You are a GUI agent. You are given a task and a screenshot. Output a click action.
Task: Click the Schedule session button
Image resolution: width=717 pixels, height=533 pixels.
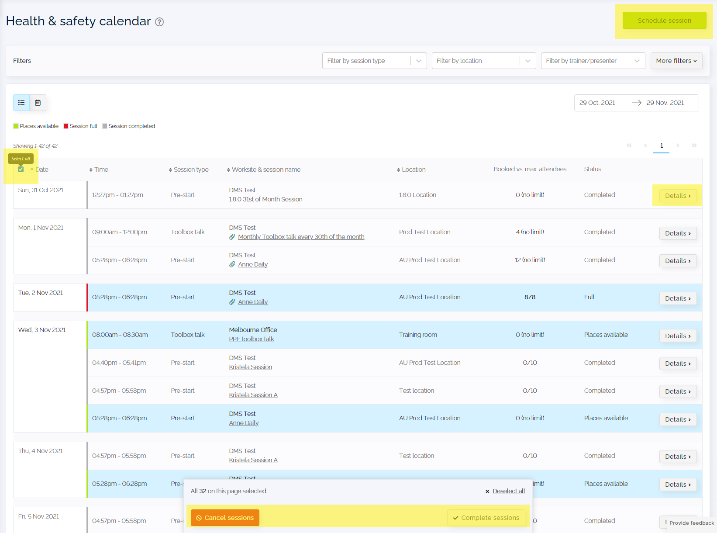pos(664,21)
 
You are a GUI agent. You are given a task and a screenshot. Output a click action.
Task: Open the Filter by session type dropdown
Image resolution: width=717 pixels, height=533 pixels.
pos(374,61)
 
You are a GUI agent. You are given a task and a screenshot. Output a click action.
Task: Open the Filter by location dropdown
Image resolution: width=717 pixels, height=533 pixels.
pos(483,61)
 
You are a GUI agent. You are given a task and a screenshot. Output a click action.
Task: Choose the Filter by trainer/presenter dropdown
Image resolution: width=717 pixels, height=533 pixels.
pos(593,61)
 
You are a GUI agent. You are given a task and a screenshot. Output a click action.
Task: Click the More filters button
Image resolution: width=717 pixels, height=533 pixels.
pos(676,61)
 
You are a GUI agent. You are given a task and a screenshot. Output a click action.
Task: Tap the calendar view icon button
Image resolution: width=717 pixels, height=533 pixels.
pos(38,103)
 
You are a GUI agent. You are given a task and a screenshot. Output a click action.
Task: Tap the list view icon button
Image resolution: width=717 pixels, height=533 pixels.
pos(21,103)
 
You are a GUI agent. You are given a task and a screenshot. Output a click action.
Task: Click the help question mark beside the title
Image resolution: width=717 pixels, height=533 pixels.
pos(159,22)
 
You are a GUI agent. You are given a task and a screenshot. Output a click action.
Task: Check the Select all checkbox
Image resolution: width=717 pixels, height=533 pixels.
pos(21,170)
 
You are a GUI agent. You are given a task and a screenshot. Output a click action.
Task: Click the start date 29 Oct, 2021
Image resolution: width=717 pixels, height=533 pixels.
pos(597,103)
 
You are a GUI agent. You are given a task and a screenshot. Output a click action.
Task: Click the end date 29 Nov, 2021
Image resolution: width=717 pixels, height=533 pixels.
pos(665,103)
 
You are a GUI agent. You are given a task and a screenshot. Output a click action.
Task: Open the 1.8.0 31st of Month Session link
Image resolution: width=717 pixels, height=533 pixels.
pos(265,199)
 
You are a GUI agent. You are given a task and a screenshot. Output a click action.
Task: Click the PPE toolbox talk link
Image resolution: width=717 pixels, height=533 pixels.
pos(251,339)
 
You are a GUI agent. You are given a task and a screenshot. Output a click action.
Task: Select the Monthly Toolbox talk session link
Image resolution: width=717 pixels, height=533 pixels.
pos(301,237)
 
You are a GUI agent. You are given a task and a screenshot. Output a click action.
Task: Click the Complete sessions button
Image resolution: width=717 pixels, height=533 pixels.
pos(486,517)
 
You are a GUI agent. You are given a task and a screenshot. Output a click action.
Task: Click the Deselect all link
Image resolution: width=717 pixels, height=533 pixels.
pos(509,491)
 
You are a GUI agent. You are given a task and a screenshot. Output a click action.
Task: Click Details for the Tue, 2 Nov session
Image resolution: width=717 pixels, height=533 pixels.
pos(678,298)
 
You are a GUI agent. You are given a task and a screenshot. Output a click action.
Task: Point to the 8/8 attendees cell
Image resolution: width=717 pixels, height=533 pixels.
pos(530,297)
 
